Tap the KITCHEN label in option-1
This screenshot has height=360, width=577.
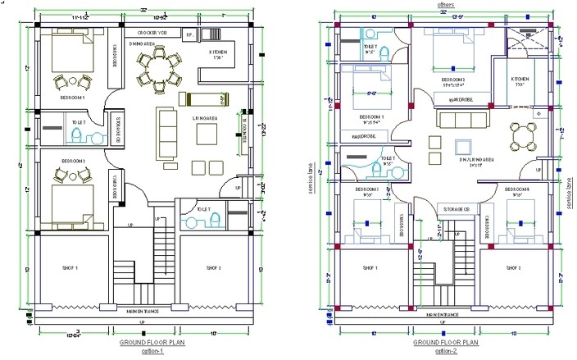pyautogui.click(x=219, y=52)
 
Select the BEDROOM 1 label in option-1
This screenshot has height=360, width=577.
pyautogui.click(x=71, y=96)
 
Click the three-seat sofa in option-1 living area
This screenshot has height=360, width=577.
pyautogui.click(x=167, y=126)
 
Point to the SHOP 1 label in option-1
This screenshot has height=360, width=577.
pyautogui.click(x=71, y=268)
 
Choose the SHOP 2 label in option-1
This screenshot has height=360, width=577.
pyautogui.click(x=215, y=268)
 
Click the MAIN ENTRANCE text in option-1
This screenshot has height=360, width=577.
pyautogui.click(x=143, y=311)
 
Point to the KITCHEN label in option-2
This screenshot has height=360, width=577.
pyautogui.click(x=522, y=80)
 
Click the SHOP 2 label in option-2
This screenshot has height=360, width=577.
pyautogui.click(x=514, y=268)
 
